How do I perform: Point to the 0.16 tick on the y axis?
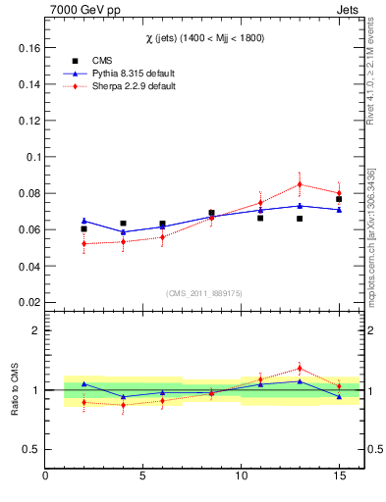point(28,47)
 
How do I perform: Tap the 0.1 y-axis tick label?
point(31,157)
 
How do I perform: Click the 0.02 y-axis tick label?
point(28,303)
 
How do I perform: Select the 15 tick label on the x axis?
point(339,477)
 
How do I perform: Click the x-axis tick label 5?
point(143,477)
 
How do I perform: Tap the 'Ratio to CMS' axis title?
point(15,389)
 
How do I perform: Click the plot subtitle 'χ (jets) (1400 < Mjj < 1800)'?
point(205,37)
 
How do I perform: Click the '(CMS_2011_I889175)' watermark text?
point(203,293)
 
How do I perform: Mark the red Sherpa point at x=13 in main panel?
point(300,184)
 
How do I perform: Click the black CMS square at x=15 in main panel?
point(339,199)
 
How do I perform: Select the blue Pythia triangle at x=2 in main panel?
point(84,221)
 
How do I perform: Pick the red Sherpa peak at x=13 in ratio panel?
point(300,369)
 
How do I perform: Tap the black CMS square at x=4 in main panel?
point(123,224)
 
